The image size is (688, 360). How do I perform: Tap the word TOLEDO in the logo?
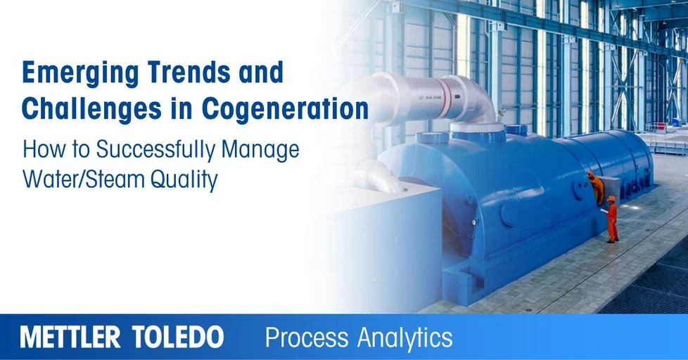pyautogui.click(x=179, y=337)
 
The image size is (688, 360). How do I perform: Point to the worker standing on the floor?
pyautogui.click(x=611, y=221)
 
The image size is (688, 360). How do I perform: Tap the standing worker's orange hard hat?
pyautogui.click(x=611, y=199)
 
